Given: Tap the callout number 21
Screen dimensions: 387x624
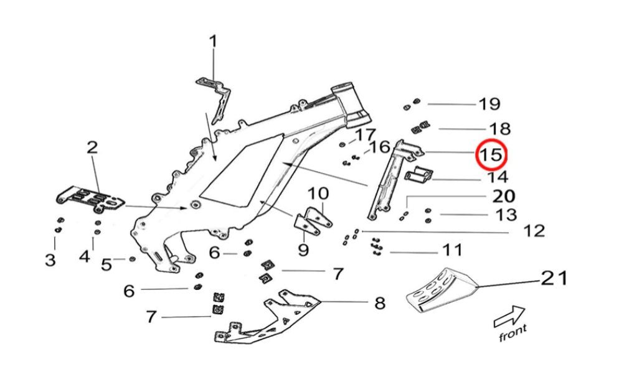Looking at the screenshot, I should (554, 277).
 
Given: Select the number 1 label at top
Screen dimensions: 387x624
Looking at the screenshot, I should (213, 42).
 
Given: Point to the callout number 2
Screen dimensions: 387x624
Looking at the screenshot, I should (92, 147).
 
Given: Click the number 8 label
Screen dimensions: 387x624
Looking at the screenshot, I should (379, 304).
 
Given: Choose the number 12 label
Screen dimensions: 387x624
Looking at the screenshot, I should (534, 231).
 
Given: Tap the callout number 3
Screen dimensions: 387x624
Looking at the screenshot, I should (50, 260).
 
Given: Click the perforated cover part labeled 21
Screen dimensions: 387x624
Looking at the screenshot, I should (440, 289).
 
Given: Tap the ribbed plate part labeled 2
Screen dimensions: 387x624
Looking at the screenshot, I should (90, 197).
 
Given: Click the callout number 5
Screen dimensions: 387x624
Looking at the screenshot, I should (106, 264).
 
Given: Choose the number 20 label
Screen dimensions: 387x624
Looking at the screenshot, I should (503, 197).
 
